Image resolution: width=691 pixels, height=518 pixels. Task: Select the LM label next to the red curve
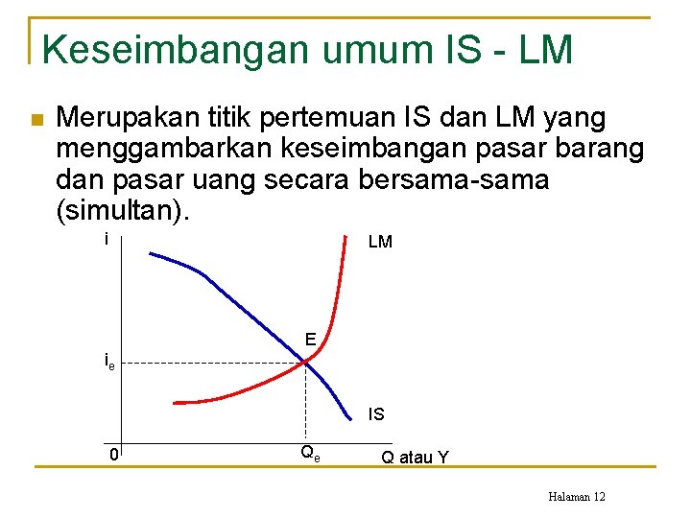380,243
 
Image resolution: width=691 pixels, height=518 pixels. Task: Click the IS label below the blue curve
376,414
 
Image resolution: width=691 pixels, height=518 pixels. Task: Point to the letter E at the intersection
311,339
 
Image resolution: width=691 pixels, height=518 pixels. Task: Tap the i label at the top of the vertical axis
107,239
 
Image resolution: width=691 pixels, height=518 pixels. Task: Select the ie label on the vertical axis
109,363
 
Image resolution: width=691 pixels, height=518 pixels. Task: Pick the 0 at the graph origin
113,455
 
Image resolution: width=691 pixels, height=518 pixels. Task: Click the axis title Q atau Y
415,457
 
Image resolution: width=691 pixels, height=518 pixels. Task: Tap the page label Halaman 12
576,496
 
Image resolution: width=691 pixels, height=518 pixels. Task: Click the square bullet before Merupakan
36,120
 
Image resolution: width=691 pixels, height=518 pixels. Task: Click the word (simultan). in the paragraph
124,209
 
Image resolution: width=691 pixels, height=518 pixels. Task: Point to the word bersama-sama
466,179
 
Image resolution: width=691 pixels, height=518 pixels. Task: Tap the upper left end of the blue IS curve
151,253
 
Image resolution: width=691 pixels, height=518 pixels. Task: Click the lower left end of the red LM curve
175,401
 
